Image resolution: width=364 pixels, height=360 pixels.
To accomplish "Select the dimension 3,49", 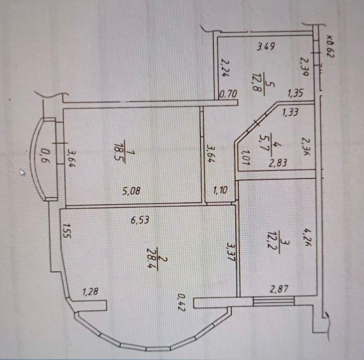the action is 267,46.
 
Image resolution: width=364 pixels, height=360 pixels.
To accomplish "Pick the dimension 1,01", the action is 244,158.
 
